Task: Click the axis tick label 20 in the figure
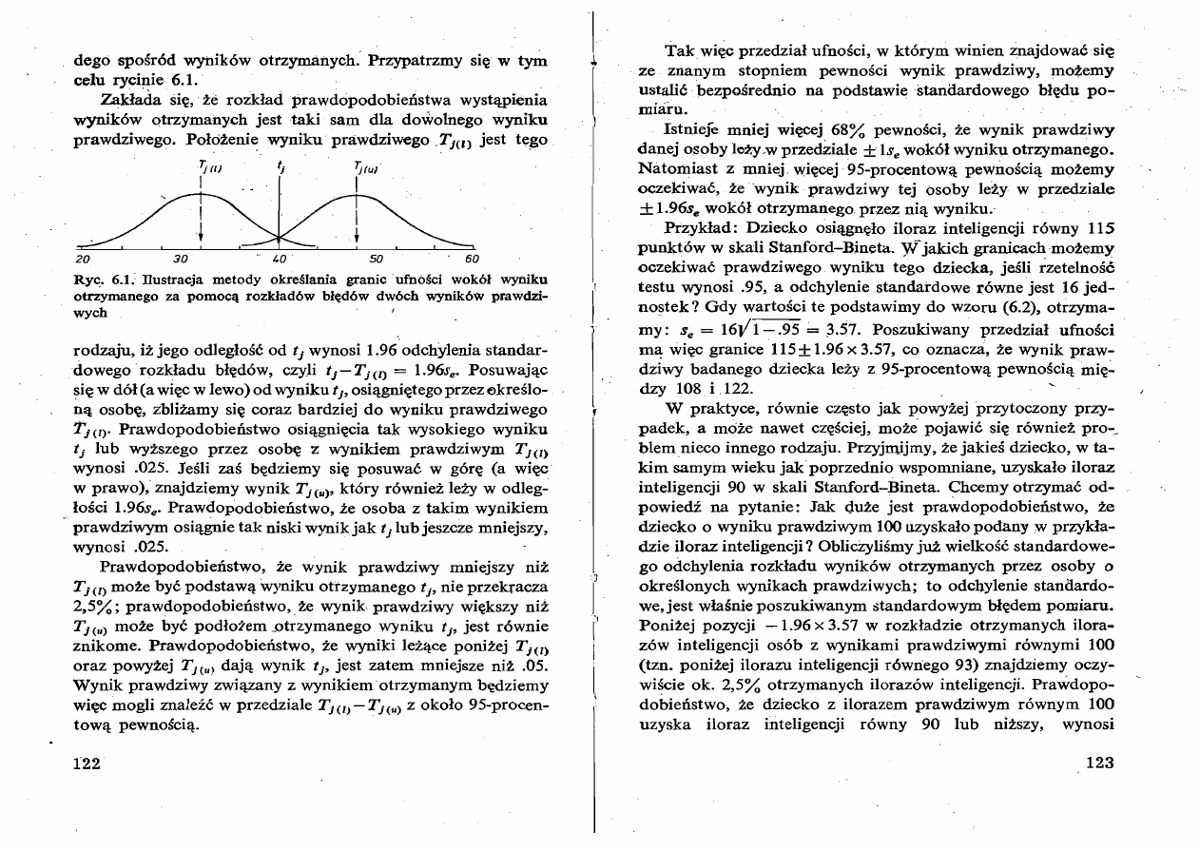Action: [81, 258]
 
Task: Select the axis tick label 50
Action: [376, 258]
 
